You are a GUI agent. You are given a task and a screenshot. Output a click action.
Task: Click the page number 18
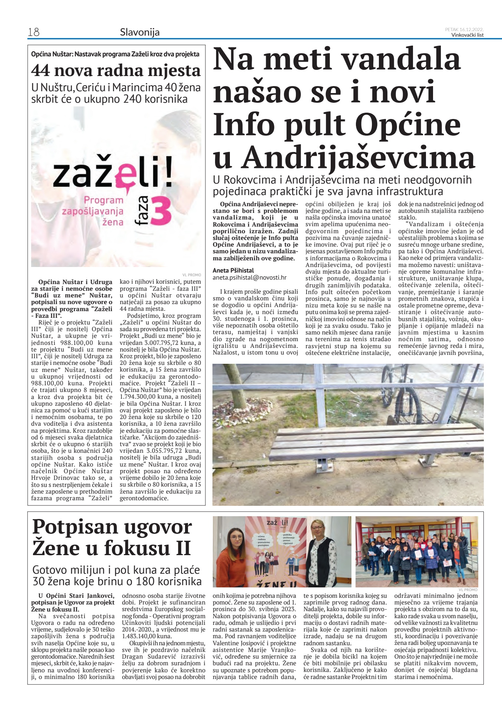34,32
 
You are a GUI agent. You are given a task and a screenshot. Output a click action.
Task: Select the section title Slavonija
140,32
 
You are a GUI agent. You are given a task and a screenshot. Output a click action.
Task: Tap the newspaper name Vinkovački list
467,35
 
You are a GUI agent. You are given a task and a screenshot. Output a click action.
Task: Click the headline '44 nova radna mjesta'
116,70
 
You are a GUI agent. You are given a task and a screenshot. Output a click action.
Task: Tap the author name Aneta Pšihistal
233,270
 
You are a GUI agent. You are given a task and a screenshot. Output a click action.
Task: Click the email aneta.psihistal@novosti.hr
250,277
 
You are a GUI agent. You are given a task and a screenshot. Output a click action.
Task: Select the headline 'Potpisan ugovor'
112,527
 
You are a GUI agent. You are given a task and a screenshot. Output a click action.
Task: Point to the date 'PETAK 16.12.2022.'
464,29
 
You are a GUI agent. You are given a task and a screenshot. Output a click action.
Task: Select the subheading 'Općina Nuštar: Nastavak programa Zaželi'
115,54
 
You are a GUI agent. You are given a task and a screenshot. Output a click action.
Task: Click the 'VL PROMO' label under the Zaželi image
191,275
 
